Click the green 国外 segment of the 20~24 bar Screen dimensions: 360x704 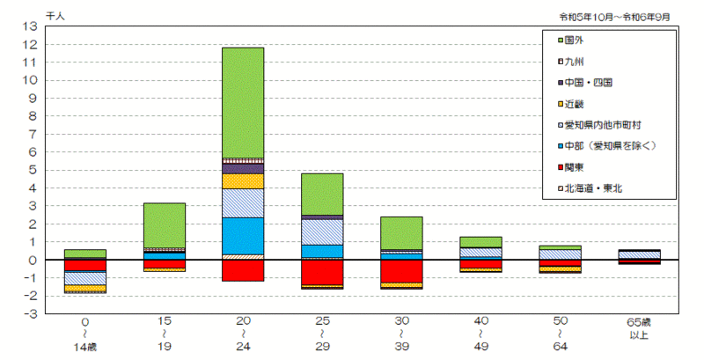click(x=243, y=102)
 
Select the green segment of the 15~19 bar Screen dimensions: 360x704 click(x=164, y=225)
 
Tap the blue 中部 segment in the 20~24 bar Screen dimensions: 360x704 click(x=243, y=236)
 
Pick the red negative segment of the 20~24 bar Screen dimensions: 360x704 click(x=243, y=270)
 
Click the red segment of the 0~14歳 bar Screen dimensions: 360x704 click(x=85, y=265)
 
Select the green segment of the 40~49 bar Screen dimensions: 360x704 click(x=480, y=241)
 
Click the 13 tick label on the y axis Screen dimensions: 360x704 click(x=30, y=26)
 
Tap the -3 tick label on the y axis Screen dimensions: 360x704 click(x=29, y=313)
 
